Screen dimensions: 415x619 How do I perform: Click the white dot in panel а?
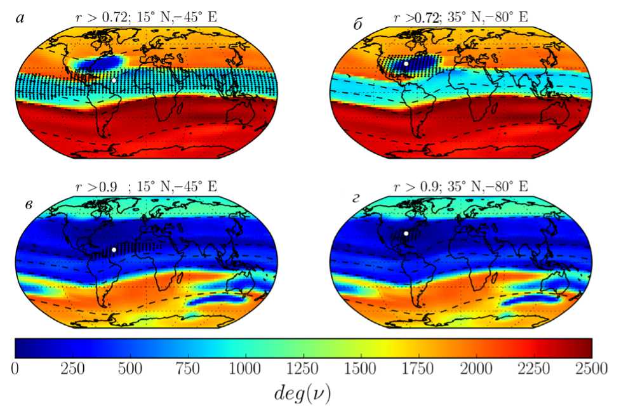click(114, 81)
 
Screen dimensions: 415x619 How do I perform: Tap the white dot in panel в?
click(114, 250)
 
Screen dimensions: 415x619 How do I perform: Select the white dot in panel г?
click(406, 233)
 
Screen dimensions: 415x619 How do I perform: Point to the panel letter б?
click(359, 24)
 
